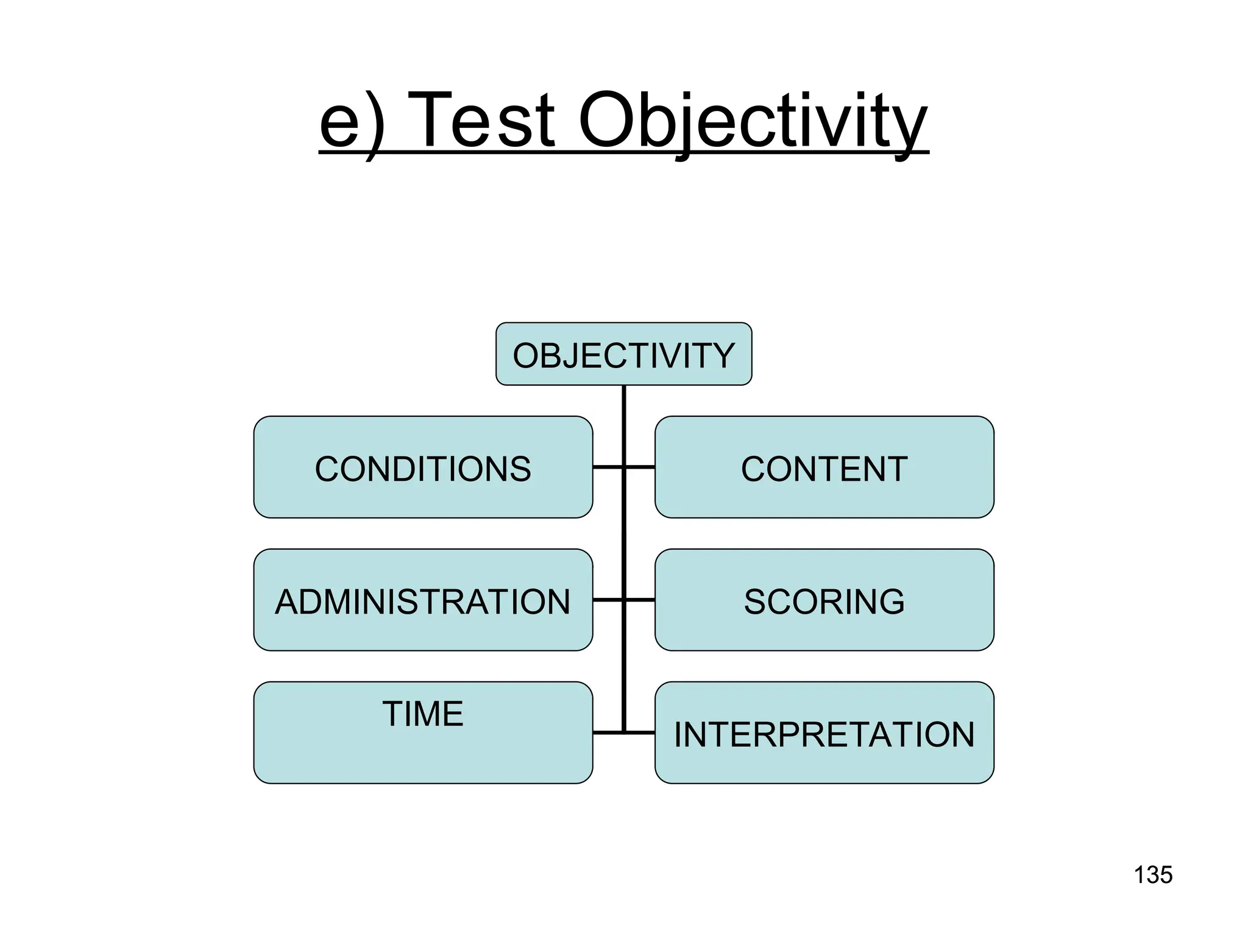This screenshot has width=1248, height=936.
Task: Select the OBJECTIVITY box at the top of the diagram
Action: [623, 354]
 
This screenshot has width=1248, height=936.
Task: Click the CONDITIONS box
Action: [423, 467]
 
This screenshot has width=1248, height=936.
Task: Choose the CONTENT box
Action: [824, 467]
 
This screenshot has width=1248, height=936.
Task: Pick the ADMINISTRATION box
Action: [423, 600]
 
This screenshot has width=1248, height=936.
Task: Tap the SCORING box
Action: [824, 600]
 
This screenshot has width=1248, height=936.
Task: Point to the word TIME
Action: [423, 714]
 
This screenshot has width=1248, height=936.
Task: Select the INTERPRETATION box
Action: [824, 733]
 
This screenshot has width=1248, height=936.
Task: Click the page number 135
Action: [1153, 874]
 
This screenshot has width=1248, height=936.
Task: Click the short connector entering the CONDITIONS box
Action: [607, 467]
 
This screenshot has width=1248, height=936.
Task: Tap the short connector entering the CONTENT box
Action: [640, 467]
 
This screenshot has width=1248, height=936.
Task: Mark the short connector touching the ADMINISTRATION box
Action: [607, 600]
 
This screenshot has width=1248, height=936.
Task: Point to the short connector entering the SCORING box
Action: [640, 600]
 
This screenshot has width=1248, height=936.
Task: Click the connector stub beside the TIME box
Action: [607, 732]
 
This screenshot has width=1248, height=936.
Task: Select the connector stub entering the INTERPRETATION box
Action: [640, 732]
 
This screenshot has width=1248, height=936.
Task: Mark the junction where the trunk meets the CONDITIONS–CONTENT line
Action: [624, 467]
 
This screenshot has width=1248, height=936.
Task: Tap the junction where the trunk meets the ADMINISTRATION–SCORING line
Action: [624, 600]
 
